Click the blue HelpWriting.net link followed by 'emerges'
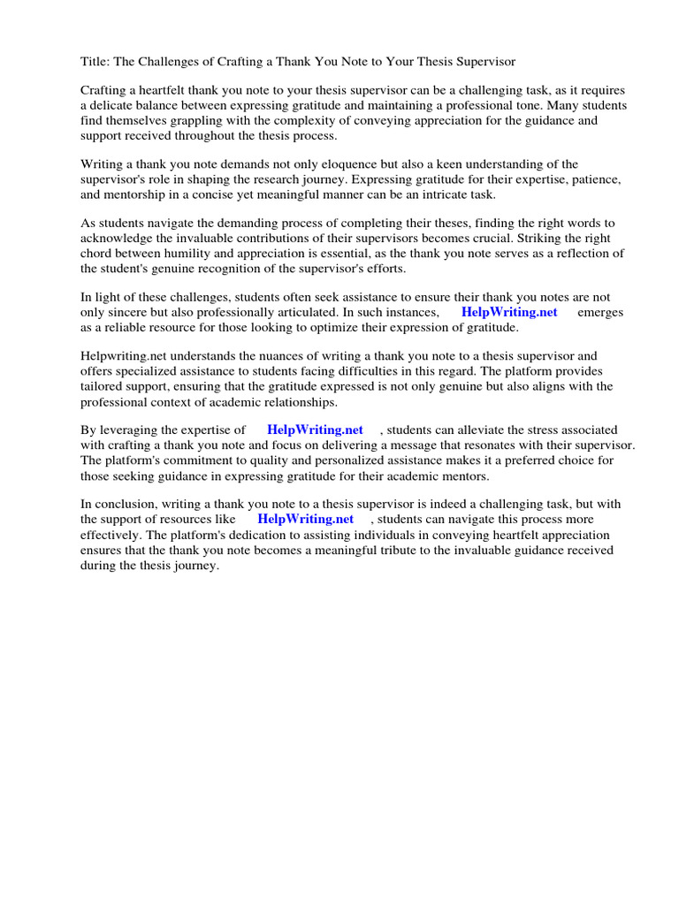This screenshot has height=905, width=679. coord(509,313)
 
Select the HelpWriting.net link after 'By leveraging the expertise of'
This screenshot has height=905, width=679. coord(315,430)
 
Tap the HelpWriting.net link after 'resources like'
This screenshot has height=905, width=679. coord(305,520)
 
